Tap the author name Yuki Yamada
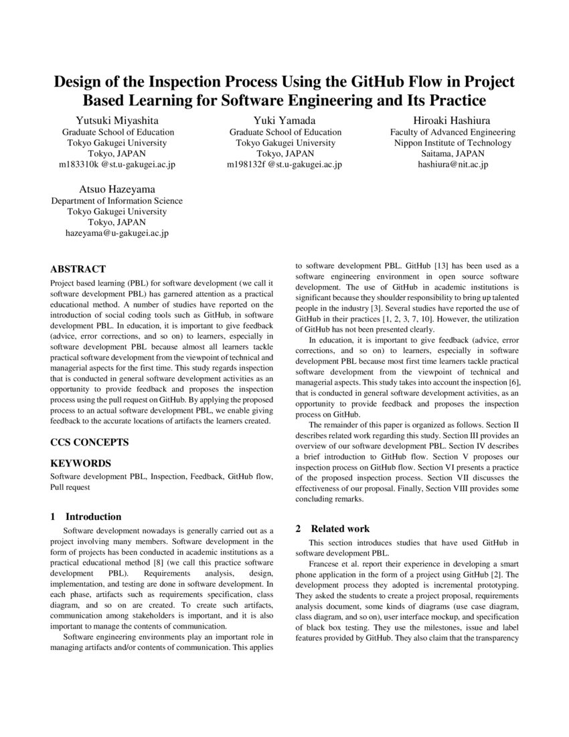(284, 120)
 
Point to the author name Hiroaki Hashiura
(453, 120)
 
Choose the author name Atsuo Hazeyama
(117, 189)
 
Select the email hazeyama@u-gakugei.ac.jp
(117, 233)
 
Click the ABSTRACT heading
(78, 269)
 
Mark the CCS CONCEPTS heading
(90, 442)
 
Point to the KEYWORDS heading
(81, 463)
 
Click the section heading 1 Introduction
(86, 517)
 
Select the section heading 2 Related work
(333, 529)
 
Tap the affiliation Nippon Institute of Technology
(453, 143)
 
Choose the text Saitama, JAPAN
(453, 153)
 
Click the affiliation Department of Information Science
(117, 201)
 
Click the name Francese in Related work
(327, 565)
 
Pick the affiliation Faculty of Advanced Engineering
(453, 132)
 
